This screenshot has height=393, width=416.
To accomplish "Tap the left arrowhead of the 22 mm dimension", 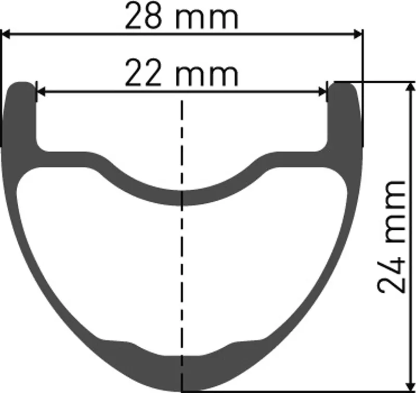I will click(x=40, y=92).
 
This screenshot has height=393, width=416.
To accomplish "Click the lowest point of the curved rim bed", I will click(x=182, y=198).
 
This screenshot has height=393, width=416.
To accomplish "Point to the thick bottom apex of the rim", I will click(x=182, y=374).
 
